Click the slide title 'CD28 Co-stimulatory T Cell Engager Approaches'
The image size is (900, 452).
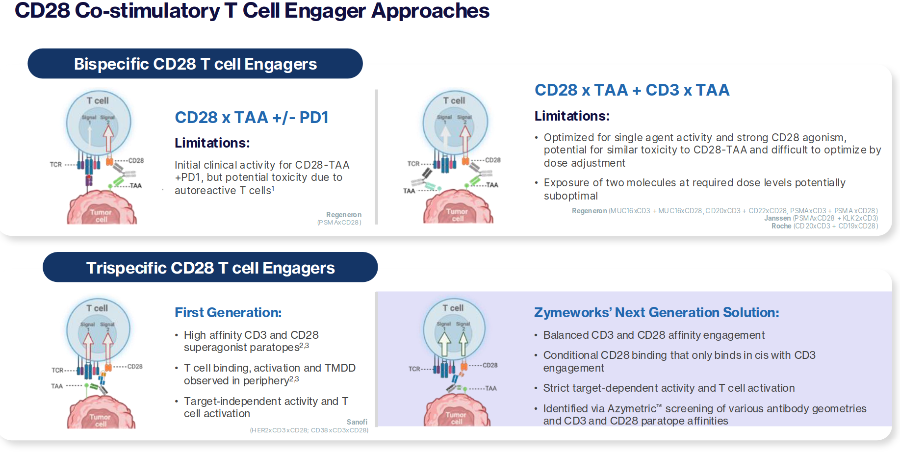(252, 11)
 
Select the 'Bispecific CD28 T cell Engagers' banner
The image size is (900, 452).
(195, 64)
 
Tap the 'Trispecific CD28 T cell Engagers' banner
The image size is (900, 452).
(210, 268)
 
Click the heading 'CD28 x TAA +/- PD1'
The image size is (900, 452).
(251, 118)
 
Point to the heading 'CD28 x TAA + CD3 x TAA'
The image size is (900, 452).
(632, 90)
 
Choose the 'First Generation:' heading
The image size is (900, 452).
(228, 313)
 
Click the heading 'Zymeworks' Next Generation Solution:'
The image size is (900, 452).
(656, 313)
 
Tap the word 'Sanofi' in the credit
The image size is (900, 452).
(357, 422)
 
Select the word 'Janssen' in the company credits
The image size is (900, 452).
(777, 218)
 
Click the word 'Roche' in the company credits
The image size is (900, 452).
(781, 226)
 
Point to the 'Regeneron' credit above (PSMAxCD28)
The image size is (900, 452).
(343, 215)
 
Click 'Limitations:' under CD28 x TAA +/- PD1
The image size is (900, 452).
(212, 143)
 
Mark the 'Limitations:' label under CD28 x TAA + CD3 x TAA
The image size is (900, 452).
(572, 116)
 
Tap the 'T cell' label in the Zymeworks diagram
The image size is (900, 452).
(453, 308)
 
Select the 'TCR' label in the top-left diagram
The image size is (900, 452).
(55, 165)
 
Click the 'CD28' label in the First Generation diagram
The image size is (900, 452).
(135, 367)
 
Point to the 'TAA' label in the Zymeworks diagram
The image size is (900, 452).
(491, 388)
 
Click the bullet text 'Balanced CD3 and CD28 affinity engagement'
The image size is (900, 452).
(654, 335)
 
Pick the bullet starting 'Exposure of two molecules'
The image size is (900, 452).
(694, 189)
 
